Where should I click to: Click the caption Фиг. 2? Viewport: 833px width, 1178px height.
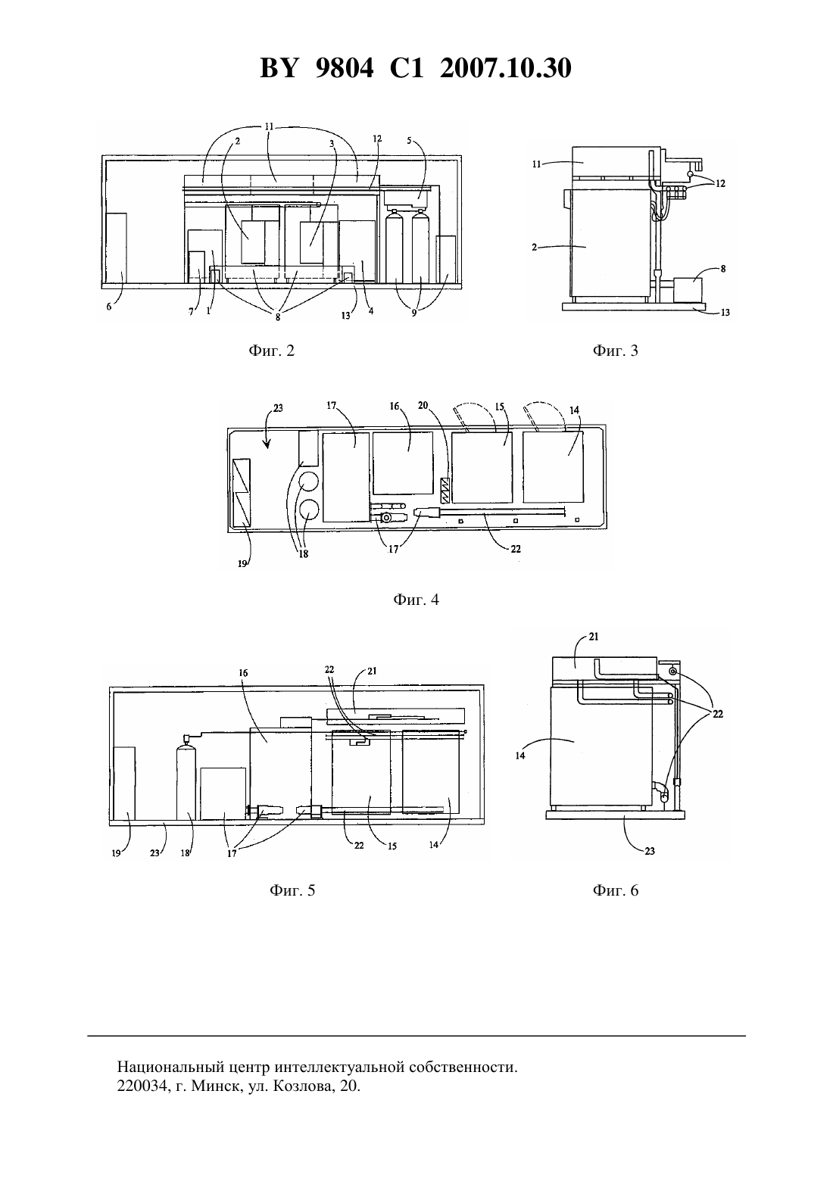[271, 351]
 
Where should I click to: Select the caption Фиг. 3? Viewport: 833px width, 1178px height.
[615, 351]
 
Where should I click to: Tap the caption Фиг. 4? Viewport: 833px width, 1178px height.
[416, 600]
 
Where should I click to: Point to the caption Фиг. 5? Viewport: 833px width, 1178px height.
[292, 890]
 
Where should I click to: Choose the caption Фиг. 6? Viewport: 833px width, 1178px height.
[615, 890]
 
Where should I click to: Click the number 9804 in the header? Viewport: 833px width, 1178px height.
[345, 68]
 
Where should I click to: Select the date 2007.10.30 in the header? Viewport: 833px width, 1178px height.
[505, 68]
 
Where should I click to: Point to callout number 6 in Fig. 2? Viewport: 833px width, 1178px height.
[109, 307]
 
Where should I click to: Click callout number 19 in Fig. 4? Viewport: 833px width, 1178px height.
[242, 564]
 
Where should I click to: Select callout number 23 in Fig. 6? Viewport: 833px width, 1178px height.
[650, 851]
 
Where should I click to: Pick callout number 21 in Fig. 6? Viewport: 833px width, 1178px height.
[594, 637]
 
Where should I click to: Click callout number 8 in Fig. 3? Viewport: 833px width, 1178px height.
[723, 268]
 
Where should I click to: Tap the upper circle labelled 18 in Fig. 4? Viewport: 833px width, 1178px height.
[308, 481]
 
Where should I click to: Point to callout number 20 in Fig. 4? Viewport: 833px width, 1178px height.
[423, 406]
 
